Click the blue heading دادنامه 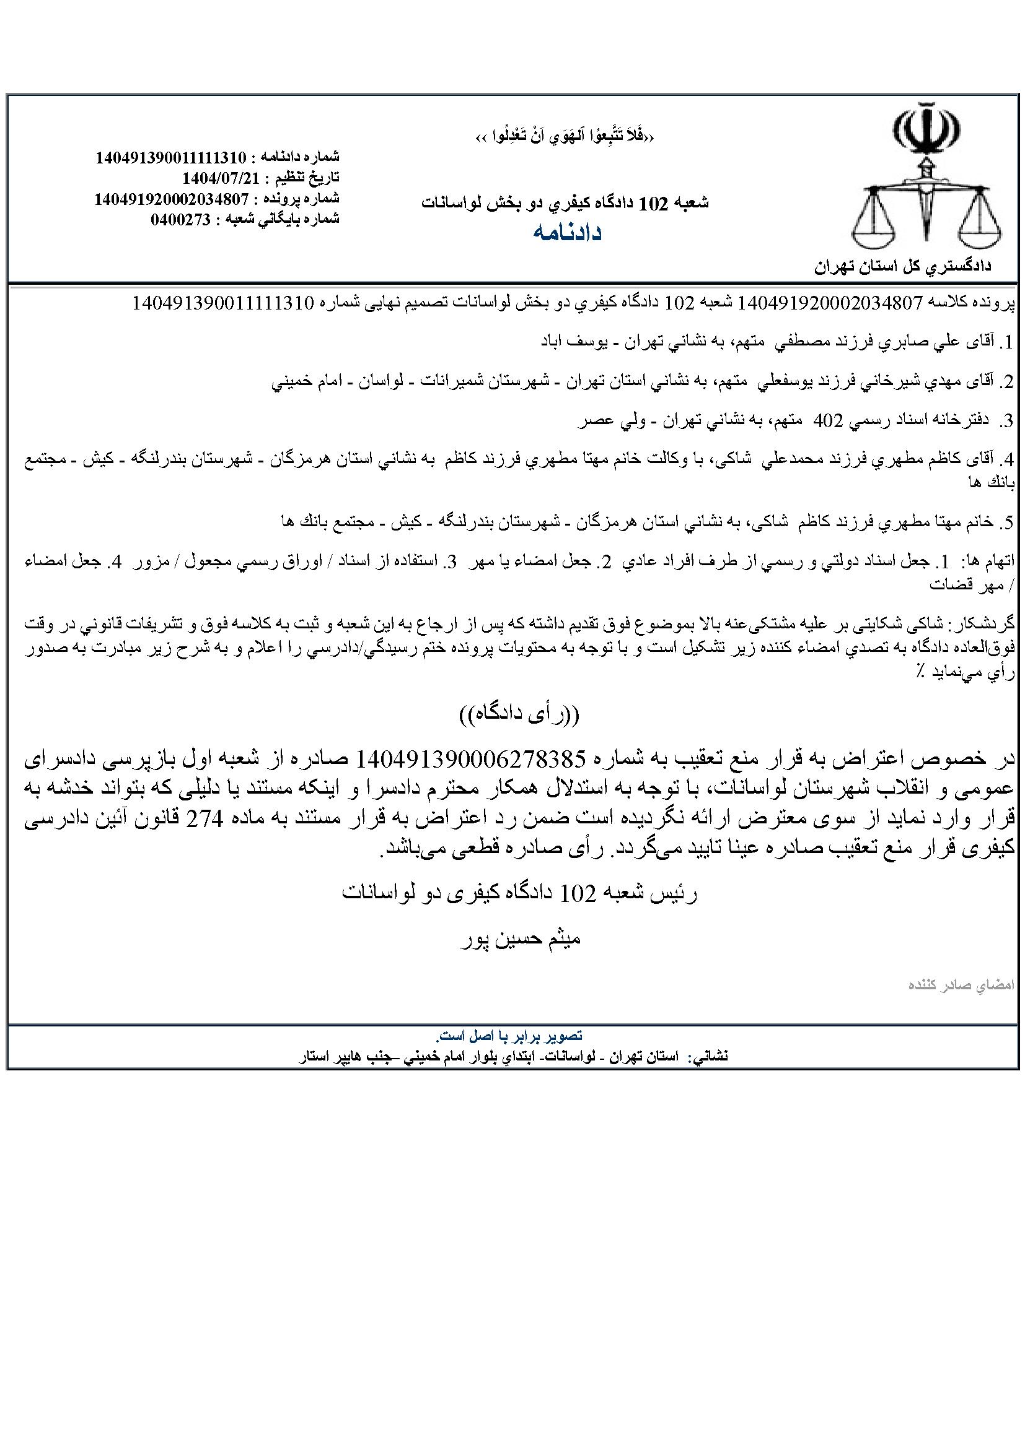click(568, 232)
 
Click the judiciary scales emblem click(926, 177)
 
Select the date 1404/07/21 click(221, 176)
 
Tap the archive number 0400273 click(180, 219)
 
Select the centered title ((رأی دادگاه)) click(518, 714)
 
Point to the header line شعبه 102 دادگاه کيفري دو click(566, 202)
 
